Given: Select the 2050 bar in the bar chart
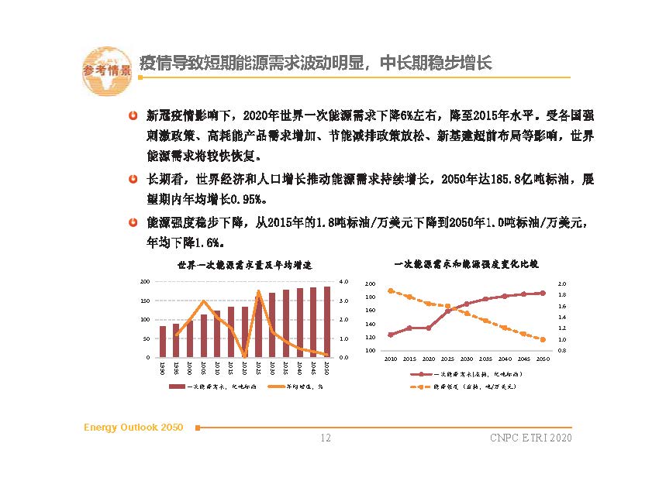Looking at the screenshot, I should tap(326, 322).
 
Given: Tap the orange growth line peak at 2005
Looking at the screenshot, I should tap(203, 301).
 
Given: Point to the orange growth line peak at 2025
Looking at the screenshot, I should tap(258, 292).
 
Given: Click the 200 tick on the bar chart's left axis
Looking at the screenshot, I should tap(144, 282).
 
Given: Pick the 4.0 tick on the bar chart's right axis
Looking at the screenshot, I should tap(345, 282).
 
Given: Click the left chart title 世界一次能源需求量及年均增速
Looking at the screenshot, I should tap(244, 265).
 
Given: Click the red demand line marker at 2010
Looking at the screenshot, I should tap(390, 335).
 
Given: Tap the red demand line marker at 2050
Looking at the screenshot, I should tap(543, 293).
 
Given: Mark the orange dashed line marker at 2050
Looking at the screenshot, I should tap(543, 339).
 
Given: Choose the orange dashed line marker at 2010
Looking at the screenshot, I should tap(390, 290).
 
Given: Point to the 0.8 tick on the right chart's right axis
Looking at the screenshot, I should tap(562, 351).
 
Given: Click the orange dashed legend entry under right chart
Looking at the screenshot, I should tap(465, 385).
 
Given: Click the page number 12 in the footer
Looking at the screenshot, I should tap(326, 439).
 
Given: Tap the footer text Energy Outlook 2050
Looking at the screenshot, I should tap(133, 428).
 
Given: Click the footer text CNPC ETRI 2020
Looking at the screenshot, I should tap(531, 439).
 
